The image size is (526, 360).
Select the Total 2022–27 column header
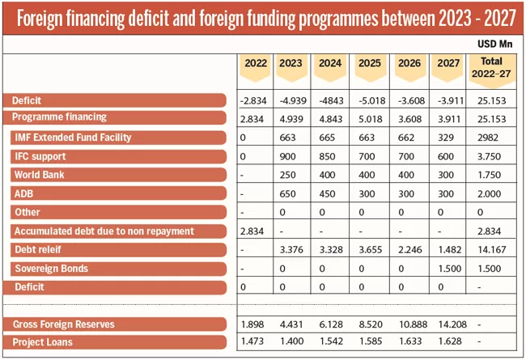point(490,68)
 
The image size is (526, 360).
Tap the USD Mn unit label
point(495,41)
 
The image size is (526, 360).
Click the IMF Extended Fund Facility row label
point(73,138)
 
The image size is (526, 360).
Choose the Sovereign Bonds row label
point(50,268)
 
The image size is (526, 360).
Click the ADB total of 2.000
point(490,193)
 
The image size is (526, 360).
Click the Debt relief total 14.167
point(490,249)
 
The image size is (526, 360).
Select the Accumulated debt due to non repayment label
point(103,231)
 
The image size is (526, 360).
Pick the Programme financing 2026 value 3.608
point(408,118)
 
